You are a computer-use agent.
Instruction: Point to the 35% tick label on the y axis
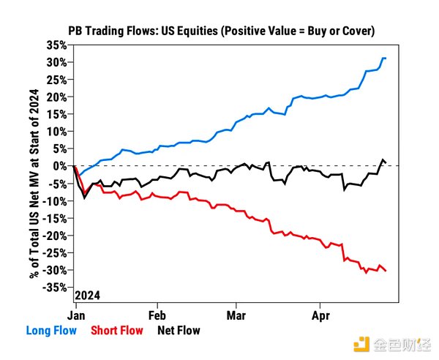click(x=57, y=45)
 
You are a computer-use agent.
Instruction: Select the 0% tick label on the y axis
click(x=61, y=166)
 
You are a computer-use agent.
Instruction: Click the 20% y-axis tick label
click(x=57, y=97)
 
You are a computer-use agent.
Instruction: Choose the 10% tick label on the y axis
click(x=57, y=132)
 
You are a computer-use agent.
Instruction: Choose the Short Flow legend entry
click(x=116, y=331)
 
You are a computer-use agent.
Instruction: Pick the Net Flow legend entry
click(x=178, y=331)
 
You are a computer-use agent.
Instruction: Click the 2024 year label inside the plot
click(x=88, y=295)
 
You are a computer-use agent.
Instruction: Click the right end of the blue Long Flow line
click(x=386, y=58)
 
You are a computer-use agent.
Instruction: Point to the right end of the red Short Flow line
click(x=386, y=271)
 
